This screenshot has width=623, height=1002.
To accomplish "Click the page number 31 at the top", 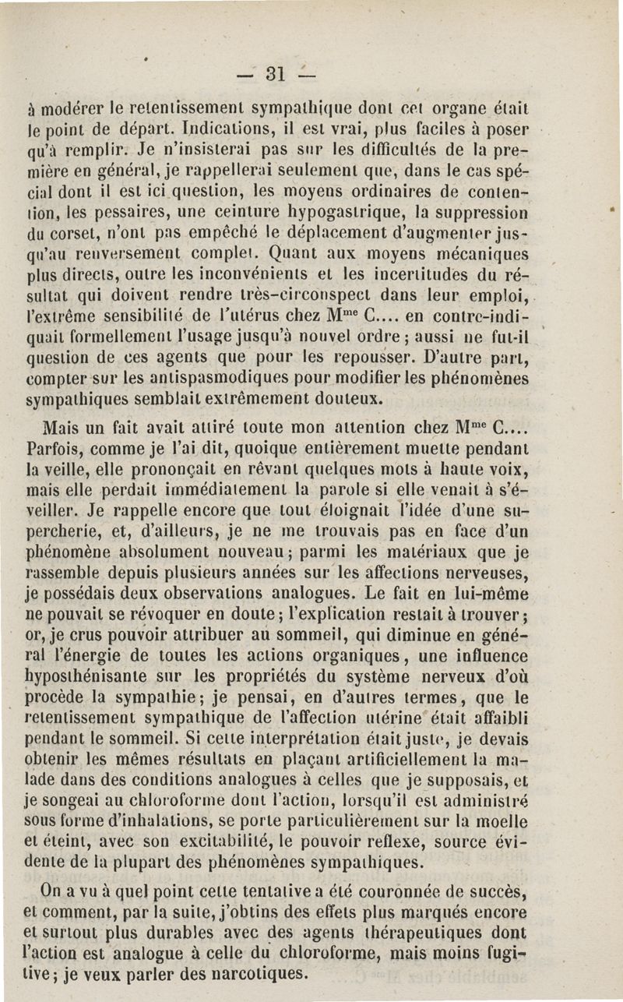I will pyautogui.click(x=273, y=76).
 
